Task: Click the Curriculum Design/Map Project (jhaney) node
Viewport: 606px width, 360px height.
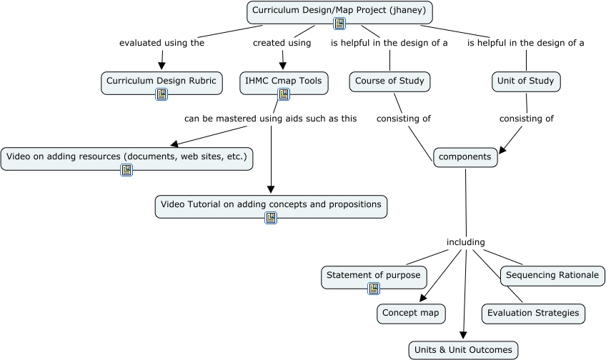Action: pyautogui.click(x=339, y=11)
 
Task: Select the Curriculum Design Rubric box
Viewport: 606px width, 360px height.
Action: pyautogui.click(x=162, y=81)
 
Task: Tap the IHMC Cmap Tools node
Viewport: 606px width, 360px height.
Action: pyautogui.click(x=284, y=81)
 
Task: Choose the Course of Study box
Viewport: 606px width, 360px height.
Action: pyautogui.click(x=389, y=81)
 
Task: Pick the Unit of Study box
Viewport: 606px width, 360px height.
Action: pyautogui.click(x=526, y=81)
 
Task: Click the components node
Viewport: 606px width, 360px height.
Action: pyautogui.click(x=465, y=157)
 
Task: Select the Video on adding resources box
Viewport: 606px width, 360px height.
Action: pyautogui.click(x=126, y=156)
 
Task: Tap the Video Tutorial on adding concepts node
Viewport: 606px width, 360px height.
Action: pyautogui.click(x=271, y=205)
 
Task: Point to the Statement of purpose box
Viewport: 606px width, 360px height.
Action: pyautogui.click(x=374, y=276)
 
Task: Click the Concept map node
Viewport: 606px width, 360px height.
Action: pyautogui.click(x=411, y=313)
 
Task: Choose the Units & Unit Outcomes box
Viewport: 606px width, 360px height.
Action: pyautogui.click(x=463, y=350)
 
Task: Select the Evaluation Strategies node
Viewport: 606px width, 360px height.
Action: pyautogui.click(x=532, y=313)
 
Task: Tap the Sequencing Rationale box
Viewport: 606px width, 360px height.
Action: pyautogui.click(x=552, y=276)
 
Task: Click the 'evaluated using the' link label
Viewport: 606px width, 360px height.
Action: pyautogui.click(x=162, y=43)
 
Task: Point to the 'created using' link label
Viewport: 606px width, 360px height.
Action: pyautogui.click(x=282, y=43)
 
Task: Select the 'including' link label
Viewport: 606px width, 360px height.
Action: pyautogui.click(x=465, y=242)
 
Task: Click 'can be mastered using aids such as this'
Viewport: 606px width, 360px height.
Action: pyautogui.click(x=270, y=119)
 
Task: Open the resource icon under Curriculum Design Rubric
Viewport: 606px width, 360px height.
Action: pyautogui.click(x=162, y=94)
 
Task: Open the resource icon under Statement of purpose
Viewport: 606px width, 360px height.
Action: pyautogui.click(x=374, y=289)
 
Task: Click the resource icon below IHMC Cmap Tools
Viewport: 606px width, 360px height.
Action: pyautogui.click(x=284, y=94)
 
